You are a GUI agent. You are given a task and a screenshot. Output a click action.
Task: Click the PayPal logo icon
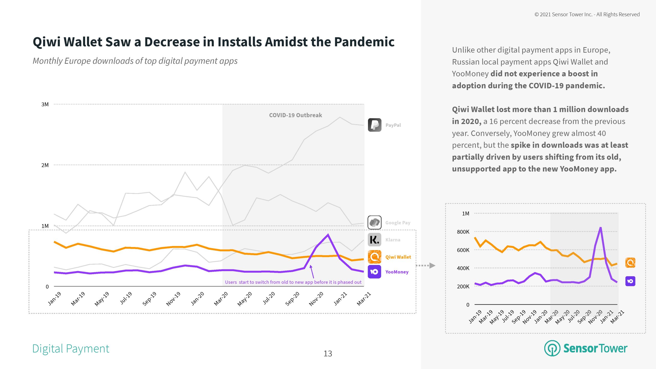point(374,125)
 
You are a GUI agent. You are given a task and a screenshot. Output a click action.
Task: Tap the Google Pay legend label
point(398,223)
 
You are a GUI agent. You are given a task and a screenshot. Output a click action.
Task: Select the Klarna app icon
point(374,240)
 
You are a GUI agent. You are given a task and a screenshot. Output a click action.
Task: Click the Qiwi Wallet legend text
point(398,257)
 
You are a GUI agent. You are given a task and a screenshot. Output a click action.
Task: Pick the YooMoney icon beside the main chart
point(374,272)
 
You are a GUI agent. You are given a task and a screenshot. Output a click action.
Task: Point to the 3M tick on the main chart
point(45,104)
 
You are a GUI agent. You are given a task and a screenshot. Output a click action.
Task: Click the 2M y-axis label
point(45,165)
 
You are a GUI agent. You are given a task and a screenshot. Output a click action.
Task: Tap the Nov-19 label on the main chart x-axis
point(173,299)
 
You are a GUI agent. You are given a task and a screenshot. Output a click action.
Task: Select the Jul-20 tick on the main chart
point(269,298)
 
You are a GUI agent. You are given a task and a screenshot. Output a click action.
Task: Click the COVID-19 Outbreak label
point(295,115)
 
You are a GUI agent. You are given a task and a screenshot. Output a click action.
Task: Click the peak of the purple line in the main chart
point(328,234)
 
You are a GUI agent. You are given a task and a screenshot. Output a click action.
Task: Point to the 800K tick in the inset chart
point(463,232)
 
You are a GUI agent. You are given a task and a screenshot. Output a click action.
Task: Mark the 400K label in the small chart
point(463,268)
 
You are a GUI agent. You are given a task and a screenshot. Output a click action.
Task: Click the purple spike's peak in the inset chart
point(600,227)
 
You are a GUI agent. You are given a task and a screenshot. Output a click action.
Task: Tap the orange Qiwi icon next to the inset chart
point(630,263)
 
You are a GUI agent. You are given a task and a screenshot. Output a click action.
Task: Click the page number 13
point(328,354)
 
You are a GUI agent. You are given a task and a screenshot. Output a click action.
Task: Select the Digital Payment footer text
point(71,349)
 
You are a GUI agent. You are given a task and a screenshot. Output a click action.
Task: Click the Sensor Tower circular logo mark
point(552,348)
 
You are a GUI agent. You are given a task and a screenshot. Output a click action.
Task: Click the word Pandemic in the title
point(364,42)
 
